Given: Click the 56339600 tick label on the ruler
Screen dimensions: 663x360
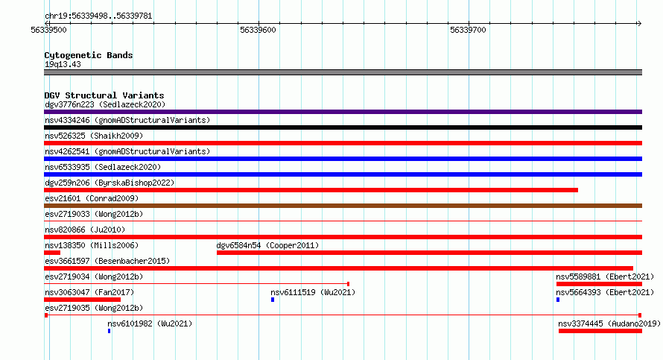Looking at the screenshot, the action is pyautogui.click(x=258, y=30).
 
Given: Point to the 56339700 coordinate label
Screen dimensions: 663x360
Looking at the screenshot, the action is pyautogui.click(x=468, y=30).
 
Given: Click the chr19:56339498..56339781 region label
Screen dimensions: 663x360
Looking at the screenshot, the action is pyautogui.click(x=98, y=16).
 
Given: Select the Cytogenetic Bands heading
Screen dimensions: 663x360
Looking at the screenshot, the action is pyautogui.click(x=89, y=55).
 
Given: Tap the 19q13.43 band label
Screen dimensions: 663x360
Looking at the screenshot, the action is pyautogui.click(x=63, y=64).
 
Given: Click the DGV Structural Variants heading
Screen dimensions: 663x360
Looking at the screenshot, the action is pyautogui.click(x=104, y=95).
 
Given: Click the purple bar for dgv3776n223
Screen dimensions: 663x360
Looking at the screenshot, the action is pyautogui.click(x=343, y=112).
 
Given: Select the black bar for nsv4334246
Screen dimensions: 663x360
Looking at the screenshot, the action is pyautogui.click(x=343, y=127).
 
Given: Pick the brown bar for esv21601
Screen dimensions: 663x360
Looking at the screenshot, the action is pyautogui.click(x=343, y=206).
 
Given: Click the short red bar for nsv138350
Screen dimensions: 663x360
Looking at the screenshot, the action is pyautogui.click(x=52, y=253).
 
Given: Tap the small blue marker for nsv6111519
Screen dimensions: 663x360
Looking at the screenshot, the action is pyautogui.click(x=273, y=300).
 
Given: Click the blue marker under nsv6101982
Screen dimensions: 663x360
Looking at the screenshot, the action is pyautogui.click(x=109, y=331).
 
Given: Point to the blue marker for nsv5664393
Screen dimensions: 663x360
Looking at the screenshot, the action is pyautogui.click(x=558, y=300).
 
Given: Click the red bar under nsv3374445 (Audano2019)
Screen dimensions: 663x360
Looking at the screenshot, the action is pyautogui.click(x=600, y=331).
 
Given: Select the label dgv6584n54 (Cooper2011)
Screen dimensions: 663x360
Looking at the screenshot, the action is pyautogui.click(x=267, y=245).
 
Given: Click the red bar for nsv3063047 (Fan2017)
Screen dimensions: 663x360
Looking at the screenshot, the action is pyautogui.click(x=82, y=300).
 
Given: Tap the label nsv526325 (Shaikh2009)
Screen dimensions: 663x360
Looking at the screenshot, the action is pyautogui.click(x=94, y=136).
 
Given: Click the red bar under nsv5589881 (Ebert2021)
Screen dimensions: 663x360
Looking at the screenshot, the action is pyautogui.click(x=599, y=284).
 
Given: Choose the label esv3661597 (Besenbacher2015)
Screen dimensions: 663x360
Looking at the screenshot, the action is pyautogui.click(x=107, y=261).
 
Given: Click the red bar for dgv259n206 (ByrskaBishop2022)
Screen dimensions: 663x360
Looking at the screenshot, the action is pyautogui.click(x=311, y=190).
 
